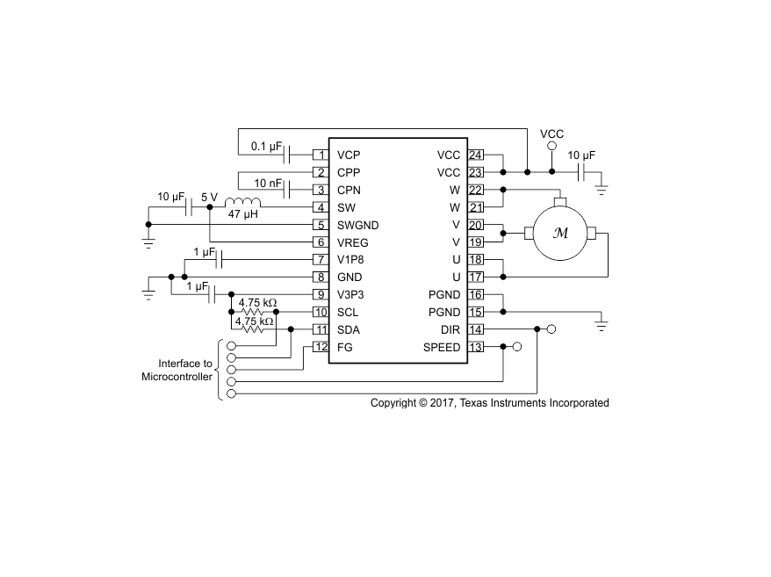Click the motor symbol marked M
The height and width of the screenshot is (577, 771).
click(560, 233)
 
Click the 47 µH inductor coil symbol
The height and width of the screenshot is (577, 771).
click(242, 203)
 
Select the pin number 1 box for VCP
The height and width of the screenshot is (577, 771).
click(321, 155)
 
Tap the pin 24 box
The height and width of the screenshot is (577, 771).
click(475, 155)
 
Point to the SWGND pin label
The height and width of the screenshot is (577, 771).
click(358, 226)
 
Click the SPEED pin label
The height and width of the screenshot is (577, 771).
click(442, 347)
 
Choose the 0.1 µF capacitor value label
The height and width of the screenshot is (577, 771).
click(266, 146)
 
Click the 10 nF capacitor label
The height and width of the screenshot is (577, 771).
click(268, 184)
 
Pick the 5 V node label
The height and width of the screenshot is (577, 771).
click(209, 198)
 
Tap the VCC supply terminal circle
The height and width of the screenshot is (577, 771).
click(551, 146)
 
